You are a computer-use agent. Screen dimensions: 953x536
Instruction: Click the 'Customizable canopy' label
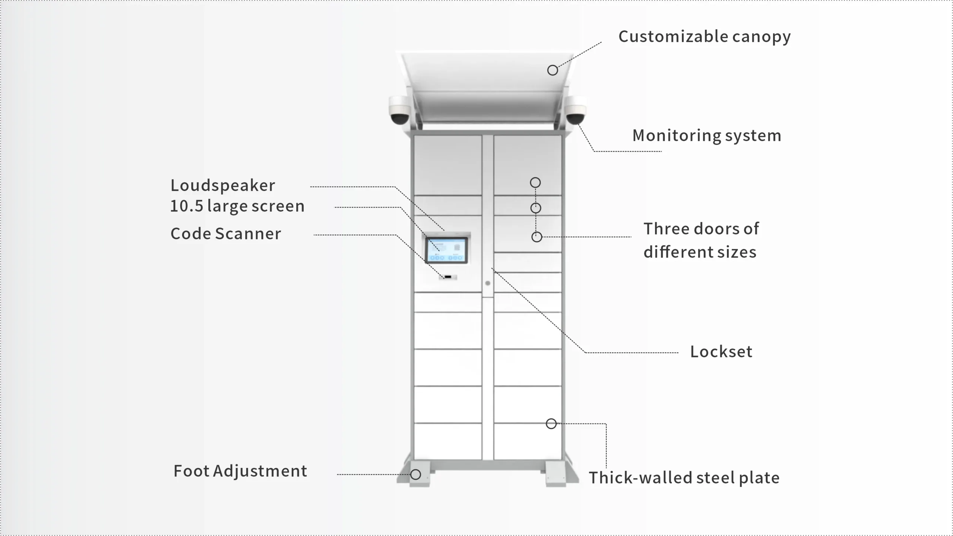(x=704, y=37)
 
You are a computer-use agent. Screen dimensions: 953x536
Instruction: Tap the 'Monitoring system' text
(x=707, y=135)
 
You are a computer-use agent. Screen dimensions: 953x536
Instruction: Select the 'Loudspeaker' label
(x=223, y=185)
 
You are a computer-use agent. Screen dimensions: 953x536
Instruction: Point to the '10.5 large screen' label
(x=237, y=206)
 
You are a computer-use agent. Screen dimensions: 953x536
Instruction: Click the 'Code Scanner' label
(x=226, y=234)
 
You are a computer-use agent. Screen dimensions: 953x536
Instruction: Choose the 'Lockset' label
(x=721, y=352)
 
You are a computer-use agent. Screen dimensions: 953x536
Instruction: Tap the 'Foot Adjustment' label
(x=240, y=471)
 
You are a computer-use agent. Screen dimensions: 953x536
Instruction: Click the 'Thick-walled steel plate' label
(x=684, y=478)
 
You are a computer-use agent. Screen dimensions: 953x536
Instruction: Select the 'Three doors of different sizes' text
(x=701, y=240)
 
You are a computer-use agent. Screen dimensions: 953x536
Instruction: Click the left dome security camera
(x=399, y=110)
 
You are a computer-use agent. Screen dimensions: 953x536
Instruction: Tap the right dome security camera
(x=576, y=110)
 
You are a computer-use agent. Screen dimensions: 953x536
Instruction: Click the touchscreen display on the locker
(x=446, y=250)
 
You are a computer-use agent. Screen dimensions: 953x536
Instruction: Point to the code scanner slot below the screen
(x=448, y=277)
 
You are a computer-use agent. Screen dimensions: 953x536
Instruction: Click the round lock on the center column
(x=488, y=283)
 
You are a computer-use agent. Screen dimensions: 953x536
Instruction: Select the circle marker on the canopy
(x=552, y=70)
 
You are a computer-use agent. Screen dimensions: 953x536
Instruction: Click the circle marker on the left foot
(x=415, y=475)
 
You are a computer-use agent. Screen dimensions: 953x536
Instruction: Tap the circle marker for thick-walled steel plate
(x=551, y=424)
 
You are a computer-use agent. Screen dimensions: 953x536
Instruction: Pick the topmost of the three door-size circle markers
(x=535, y=182)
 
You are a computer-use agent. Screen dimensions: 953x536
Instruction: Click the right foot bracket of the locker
(x=557, y=474)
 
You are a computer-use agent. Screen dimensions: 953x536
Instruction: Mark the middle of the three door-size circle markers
(x=536, y=208)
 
